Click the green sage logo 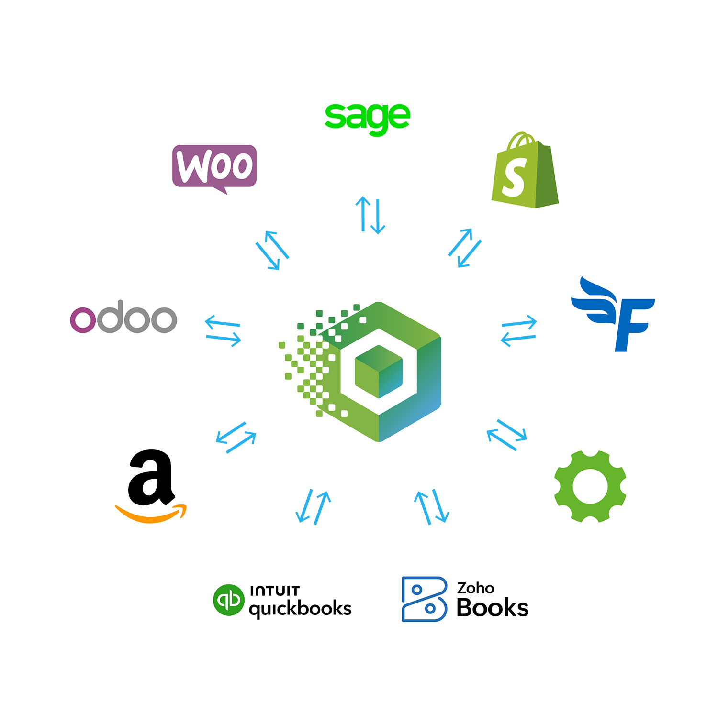(x=367, y=118)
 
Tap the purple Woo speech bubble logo (x=214, y=167)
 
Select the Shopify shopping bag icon (x=525, y=171)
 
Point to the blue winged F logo (x=614, y=314)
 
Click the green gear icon (x=590, y=486)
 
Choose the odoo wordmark (x=123, y=317)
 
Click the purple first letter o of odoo (x=83, y=320)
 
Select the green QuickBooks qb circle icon (x=229, y=600)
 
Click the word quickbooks (x=300, y=609)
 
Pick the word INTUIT (x=275, y=591)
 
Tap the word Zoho (x=475, y=588)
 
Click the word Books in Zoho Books (x=492, y=608)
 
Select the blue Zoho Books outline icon (x=424, y=599)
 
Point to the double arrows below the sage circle (x=370, y=215)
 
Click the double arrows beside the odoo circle (x=224, y=330)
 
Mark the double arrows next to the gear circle (x=507, y=435)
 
